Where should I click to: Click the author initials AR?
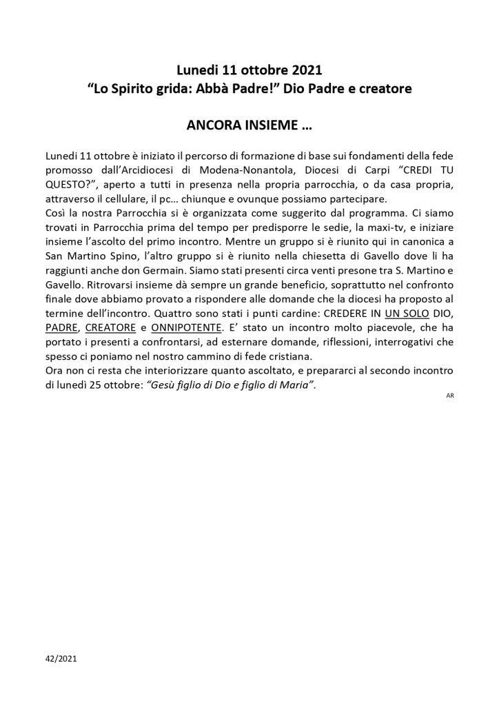pyautogui.click(x=449, y=396)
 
